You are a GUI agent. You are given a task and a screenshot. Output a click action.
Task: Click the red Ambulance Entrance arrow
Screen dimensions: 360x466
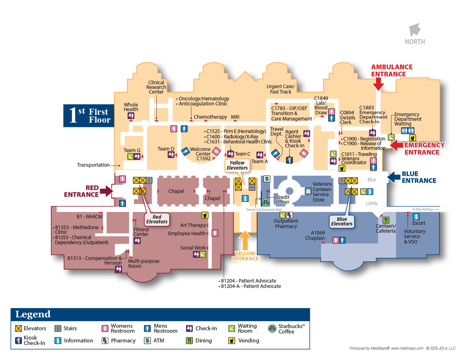point(378,84)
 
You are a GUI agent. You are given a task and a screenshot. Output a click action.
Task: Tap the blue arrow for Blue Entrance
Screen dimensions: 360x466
point(394,177)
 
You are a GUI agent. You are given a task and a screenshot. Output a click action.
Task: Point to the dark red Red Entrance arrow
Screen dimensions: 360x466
point(107,191)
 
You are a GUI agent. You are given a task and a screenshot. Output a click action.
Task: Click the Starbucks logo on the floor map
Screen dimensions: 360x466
point(265,202)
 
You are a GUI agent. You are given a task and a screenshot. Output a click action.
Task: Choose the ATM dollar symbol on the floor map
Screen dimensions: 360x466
point(267,179)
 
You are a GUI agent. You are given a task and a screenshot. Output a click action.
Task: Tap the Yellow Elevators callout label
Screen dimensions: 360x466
point(237,165)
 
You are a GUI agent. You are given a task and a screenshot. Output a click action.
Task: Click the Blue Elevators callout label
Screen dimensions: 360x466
point(342,221)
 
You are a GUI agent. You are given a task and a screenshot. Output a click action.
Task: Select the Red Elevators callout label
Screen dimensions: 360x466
point(157,219)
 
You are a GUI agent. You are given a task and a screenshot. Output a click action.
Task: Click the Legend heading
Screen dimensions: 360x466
point(33,314)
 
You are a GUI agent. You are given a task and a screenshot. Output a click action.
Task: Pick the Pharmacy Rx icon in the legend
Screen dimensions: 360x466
point(105,341)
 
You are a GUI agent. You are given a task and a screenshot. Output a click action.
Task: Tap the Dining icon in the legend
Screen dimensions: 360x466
point(189,341)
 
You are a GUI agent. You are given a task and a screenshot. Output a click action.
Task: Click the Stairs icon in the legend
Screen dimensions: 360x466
point(58,328)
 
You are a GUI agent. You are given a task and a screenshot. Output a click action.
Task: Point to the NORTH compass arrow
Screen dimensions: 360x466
point(415,30)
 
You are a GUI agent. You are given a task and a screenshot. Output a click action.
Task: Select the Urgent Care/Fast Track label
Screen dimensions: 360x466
point(281,89)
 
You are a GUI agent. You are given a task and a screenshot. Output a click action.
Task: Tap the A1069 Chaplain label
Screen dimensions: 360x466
point(315,236)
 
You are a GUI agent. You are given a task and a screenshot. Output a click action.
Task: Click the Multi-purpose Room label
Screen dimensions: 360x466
point(143,264)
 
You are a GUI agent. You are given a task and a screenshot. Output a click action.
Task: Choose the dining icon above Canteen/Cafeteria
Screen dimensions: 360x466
point(386,220)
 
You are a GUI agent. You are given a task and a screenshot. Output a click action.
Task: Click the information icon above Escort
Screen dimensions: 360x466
point(416,217)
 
